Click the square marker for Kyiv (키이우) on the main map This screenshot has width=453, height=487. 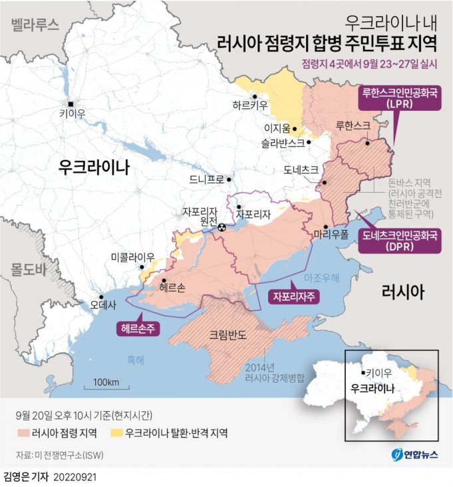pos(71,103)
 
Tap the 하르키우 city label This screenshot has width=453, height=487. pos(250,104)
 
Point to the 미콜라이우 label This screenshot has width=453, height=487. pos(132,257)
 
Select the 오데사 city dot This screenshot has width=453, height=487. pos(101,296)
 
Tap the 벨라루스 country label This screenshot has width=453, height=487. pos(33,25)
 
